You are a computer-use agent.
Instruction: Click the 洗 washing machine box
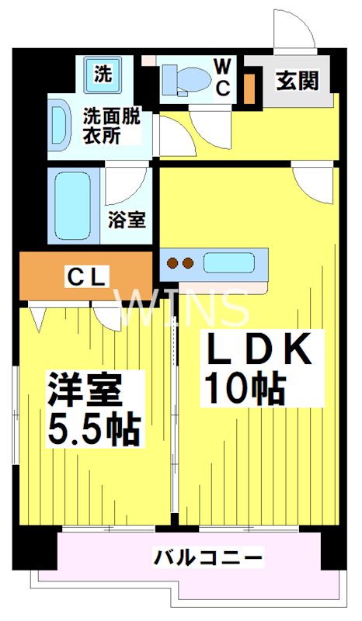pyautogui.click(x=103, y=75)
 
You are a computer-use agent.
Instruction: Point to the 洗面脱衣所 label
pyautogui.click(x=113, y=124)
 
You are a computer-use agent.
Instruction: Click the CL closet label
pyautogui.click(x=87, y=276)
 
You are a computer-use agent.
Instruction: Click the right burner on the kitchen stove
pyautogui.click(x=187, y=263)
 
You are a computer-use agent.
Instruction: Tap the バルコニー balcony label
pyautogui.click(x=207, y=557)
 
